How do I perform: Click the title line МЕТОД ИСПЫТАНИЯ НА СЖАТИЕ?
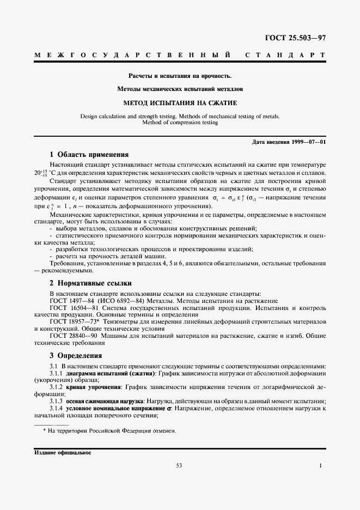tap(179, 102)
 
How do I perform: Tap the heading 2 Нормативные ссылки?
tap(90, 283)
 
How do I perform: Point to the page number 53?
tap(179, 465)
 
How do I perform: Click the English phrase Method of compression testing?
tap(180, 123)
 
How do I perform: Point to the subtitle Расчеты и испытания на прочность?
tap(180, 75)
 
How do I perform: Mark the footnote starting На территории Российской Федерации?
tap(112, 430)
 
